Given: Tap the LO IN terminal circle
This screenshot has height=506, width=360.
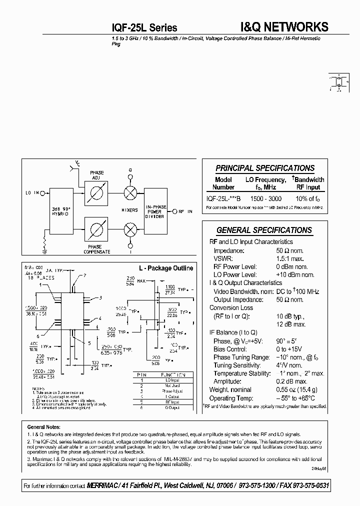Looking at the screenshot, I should point(43,193).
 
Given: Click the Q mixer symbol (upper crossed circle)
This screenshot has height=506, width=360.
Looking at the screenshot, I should point(130,193).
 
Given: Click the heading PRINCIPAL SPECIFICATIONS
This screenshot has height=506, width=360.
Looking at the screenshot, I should point(265,168).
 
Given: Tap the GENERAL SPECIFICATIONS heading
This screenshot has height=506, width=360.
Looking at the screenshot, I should point(264,230).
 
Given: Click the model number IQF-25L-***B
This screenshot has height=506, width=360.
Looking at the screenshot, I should point(223,198).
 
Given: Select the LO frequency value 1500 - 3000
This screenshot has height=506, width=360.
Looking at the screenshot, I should point(265,198).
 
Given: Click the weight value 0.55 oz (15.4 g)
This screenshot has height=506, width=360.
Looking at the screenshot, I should point(297,390).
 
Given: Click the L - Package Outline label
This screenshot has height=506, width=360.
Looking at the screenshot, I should point(165,268).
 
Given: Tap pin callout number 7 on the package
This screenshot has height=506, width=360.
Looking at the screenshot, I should point(85,275).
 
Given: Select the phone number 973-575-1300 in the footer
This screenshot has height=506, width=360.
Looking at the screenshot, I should point(270,486).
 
